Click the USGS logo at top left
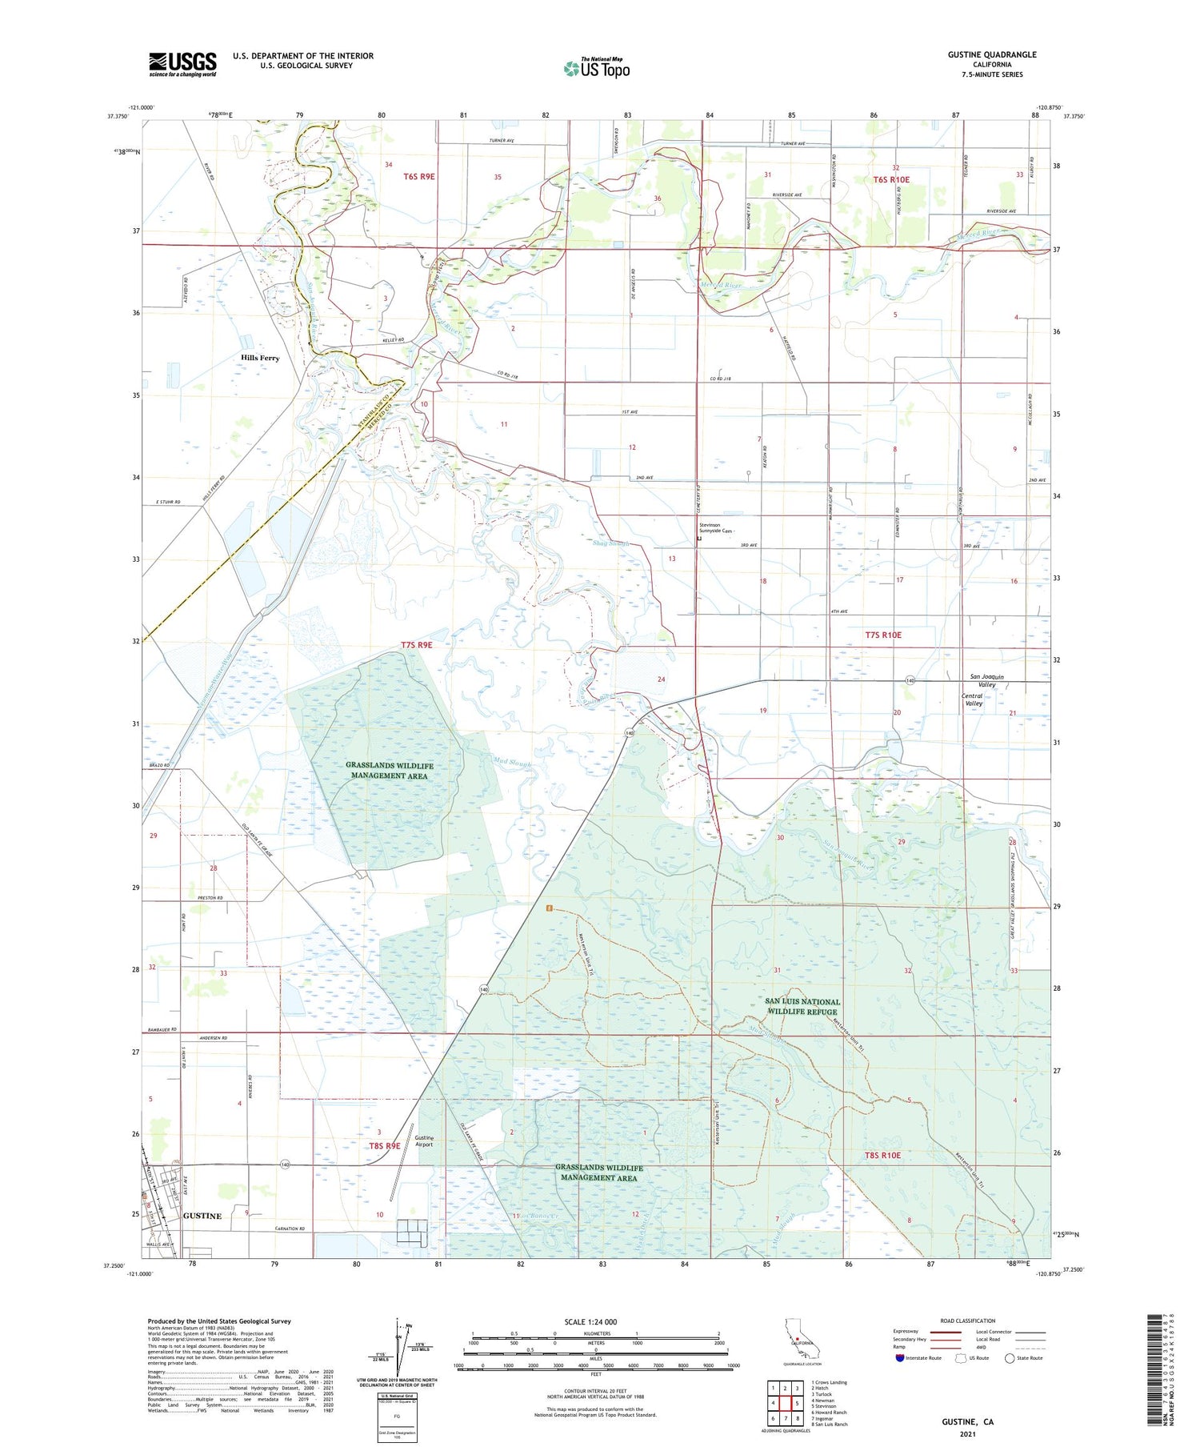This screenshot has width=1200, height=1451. (x=182, y=63)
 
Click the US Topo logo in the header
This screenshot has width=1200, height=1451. (x=597, y=69)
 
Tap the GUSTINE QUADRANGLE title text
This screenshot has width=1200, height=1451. (x=991, y=54)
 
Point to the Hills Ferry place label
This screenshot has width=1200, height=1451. (x=260, y=358)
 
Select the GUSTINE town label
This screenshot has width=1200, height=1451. (x=202, y=1216)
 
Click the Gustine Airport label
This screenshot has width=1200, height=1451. (x=424, y=1140)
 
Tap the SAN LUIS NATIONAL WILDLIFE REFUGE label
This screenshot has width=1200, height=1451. (x=802, y=1006)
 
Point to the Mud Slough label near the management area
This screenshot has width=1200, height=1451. (x=512, y=763)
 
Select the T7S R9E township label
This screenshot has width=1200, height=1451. (x=416, y=644)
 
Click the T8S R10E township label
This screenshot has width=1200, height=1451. (x=882, y=1155)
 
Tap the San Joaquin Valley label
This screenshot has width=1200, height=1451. (x=986, y=681)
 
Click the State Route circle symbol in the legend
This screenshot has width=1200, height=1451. (x=1010, y=1358)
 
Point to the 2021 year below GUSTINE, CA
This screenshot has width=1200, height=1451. (x=966, y=1433)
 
